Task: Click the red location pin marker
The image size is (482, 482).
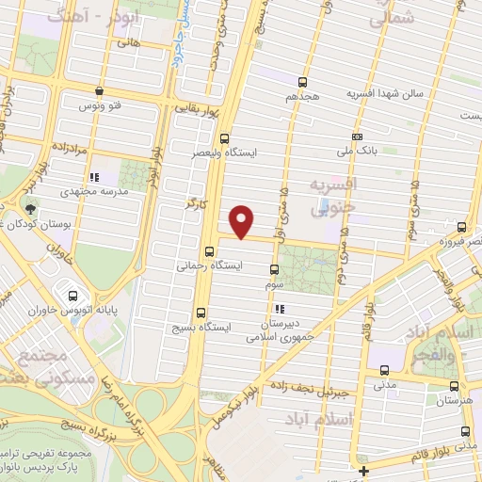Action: (243, 221)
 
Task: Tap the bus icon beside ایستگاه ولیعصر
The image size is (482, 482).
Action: (223, 137)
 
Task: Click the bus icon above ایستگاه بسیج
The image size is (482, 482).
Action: (200, 313)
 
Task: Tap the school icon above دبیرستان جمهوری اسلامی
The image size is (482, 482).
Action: (279, 308)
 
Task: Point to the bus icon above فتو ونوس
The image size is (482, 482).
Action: (100, 91)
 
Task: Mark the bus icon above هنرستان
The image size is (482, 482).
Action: (456, 385)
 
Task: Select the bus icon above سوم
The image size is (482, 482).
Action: (273, 268)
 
